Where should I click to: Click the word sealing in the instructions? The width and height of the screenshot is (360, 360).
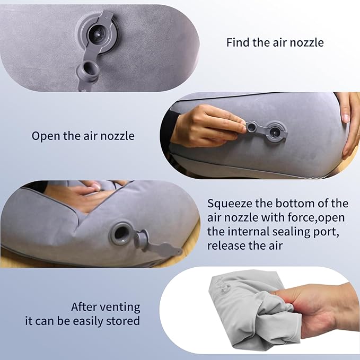[292, 232]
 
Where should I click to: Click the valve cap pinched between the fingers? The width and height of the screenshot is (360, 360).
[252, 127]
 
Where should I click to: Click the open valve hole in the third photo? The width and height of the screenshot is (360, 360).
[120, 233]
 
